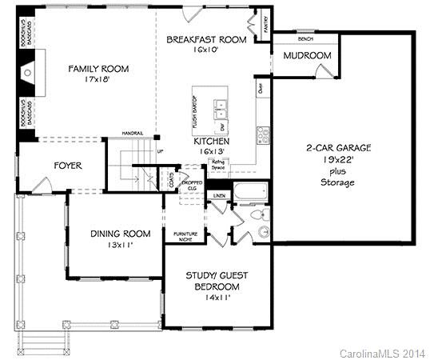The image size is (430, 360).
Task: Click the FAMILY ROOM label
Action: [x=98, y=69]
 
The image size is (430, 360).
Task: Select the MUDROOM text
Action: [x=307, y=55]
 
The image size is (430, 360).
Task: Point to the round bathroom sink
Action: [x=263, y=233]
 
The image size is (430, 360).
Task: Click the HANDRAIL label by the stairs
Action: [x=133, y=132]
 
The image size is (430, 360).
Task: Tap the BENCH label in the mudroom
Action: [x=305, y=38]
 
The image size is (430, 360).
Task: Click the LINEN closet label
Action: [x=217, y=195]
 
